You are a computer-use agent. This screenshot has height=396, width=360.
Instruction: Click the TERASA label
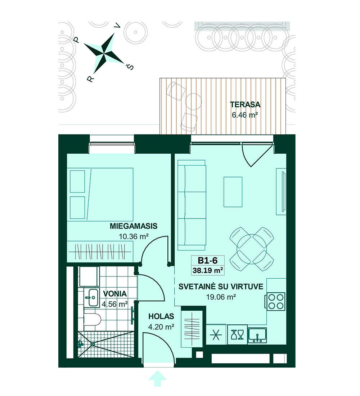[x=245, y=104]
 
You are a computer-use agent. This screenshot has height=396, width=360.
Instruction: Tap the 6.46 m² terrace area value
[x=244, y=115]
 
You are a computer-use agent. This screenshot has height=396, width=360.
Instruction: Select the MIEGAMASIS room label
[x=134, y=226]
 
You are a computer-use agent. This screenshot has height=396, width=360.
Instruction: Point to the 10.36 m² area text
[x=134, y=237]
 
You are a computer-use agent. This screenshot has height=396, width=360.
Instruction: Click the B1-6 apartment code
[x=207, y=260]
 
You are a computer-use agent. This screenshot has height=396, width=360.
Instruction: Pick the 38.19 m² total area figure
[x=208, y=270]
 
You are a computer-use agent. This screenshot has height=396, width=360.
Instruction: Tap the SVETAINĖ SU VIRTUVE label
[x=221, y=287]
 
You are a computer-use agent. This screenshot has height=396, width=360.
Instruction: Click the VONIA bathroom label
[x=115, y=293]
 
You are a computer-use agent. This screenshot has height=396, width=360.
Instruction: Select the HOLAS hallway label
[x=161, y=316]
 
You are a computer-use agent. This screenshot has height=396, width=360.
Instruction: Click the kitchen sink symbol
[x=257, y=335]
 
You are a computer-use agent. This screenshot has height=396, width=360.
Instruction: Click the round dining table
[x=252, y=249]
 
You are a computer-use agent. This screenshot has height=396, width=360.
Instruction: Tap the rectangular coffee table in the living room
[x=233, y=192]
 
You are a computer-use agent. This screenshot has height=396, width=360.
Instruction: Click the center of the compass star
[x=103, y=54]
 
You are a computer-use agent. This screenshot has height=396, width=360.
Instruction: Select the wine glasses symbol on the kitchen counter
[x=238, y=335]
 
